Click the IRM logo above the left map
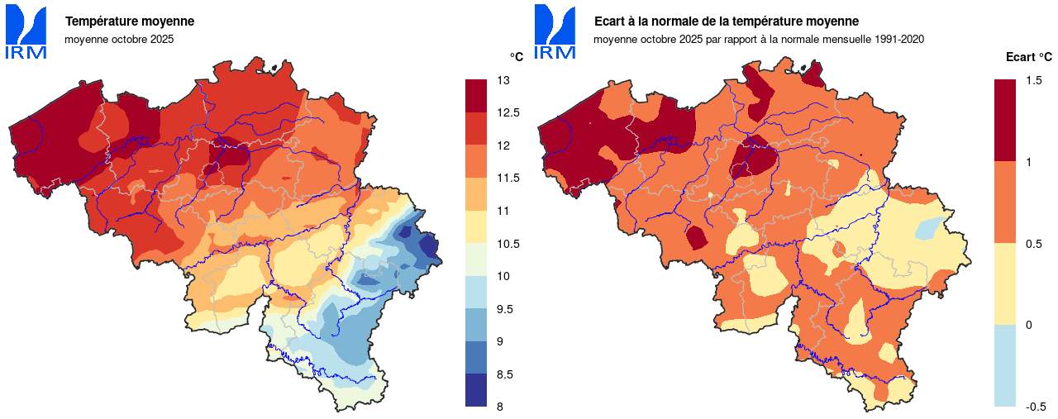point(26,33)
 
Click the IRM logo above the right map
point(555,33)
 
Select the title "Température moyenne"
point(130,21)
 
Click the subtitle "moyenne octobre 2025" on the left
point(119,39)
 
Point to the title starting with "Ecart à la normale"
point(727,21)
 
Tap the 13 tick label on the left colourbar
point(503,80)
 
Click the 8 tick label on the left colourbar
point(501,407)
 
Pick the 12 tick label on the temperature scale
point(503,145)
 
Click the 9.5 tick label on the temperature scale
point(505,309)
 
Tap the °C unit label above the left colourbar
point(517,57)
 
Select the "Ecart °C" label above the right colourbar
point(1029,57)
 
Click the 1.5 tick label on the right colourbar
point(1033,80)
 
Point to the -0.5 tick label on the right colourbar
point(1035,407)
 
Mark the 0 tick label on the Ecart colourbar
point(1028,325)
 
